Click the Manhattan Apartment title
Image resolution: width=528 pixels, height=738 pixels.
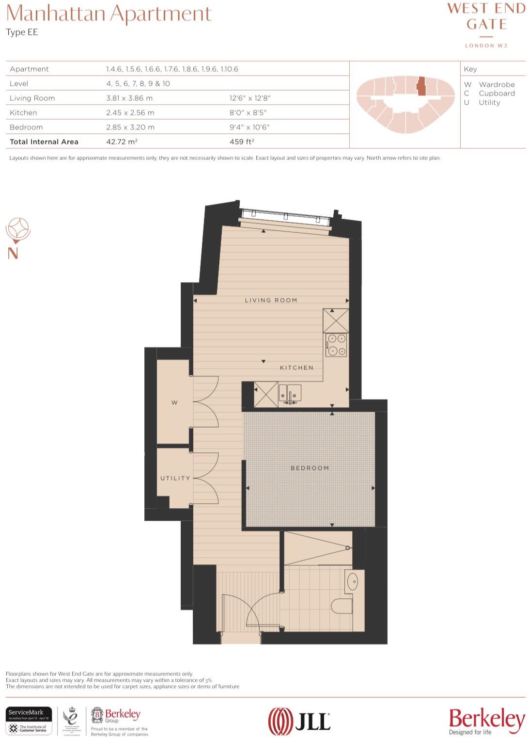[x=109, y=14]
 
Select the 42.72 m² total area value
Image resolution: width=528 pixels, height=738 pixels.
[x=122, y=142]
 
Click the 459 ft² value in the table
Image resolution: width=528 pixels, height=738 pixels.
[x=242, y=142]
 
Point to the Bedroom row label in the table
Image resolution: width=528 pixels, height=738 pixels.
[x=26, y=127]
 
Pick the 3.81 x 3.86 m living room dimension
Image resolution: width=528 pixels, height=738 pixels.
[x=129, y=98]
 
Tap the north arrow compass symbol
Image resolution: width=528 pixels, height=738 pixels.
[x=17, y=230]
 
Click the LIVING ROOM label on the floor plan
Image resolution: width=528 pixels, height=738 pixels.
[x=271, y=300]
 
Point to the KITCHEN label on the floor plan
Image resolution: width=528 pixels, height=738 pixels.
[x=296, y=368]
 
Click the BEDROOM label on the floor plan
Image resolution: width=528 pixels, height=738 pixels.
[x=310, y=468]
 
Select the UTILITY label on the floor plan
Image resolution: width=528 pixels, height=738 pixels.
[x=175, y=478]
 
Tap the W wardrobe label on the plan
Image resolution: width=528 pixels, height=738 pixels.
[x=174, y=402]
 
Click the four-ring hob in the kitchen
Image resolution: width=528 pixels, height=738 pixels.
[x=336, y=345]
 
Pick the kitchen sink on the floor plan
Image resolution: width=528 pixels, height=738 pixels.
[x=290, y=393]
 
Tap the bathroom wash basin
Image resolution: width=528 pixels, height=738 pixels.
[x=353, y=581]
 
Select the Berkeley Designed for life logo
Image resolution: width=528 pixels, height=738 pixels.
[x=486, y=721]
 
